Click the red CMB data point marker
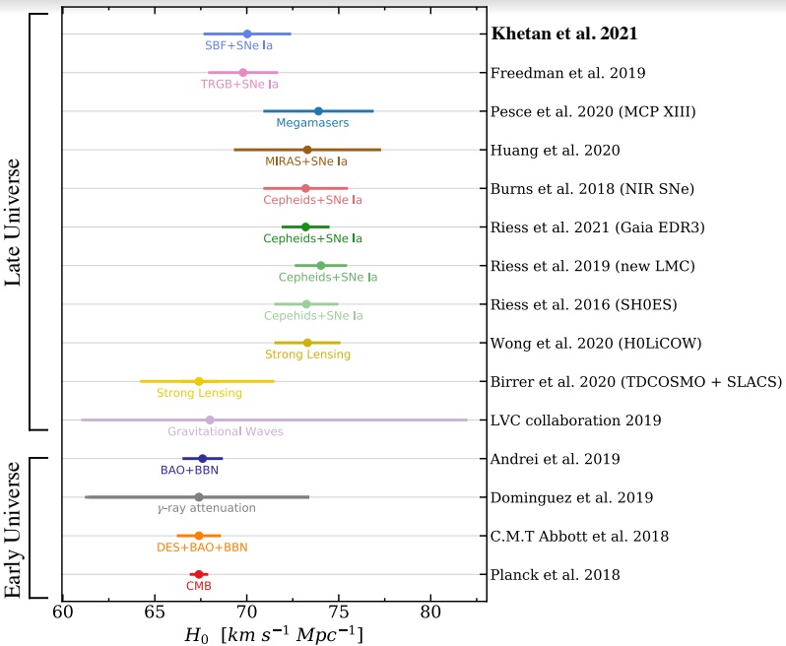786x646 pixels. (x=199, y=574)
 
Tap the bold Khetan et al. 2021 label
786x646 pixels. (x=564, y=33)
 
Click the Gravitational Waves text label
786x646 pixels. (x=226, y=431)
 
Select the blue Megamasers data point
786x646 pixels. (x=318, y=111)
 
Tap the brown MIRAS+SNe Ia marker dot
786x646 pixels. (x=307, y=150)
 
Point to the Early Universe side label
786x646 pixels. (x=14, y=527)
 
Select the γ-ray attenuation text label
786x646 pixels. (x=207, y=508)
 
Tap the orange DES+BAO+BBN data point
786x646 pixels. (x=199, y=536)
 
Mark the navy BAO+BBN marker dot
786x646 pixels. (x=203, y=458)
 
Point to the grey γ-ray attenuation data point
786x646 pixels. (x=199, y=497)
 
